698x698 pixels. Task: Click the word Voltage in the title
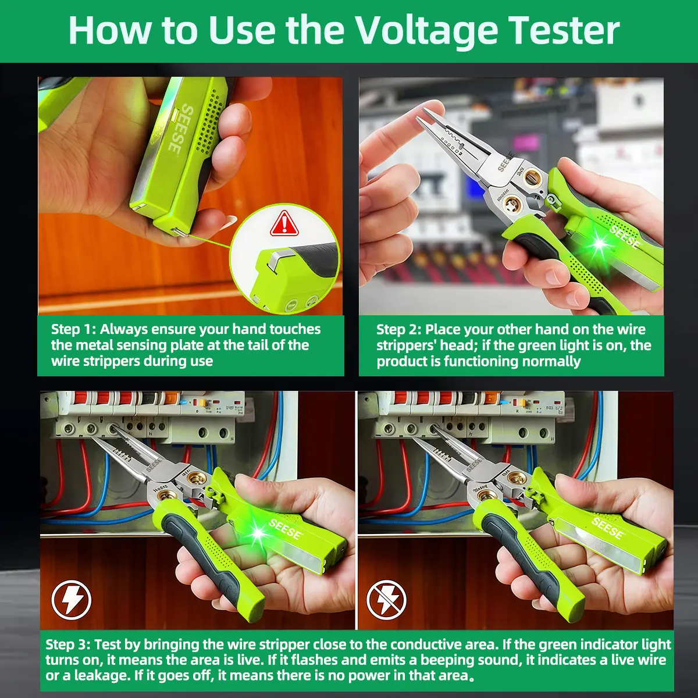426,32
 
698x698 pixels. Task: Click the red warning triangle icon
284,223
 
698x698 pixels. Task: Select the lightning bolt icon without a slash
71,600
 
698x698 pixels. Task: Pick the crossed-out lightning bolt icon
386,600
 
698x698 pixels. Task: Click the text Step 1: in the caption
73,329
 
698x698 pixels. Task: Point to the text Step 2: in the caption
398,330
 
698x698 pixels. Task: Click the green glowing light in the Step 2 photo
600,243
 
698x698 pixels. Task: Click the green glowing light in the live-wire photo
258,533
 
